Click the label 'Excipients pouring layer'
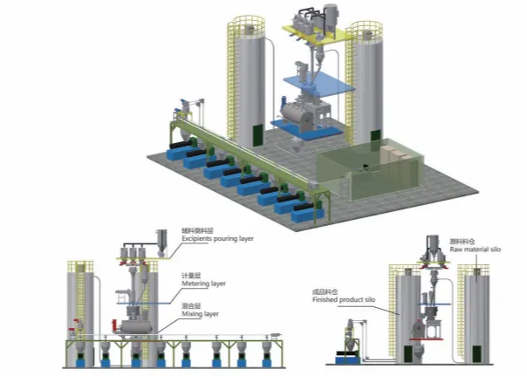click(x=217, y=237)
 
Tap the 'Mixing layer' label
click(x=199, y=313)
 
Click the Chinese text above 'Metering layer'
click(x=193, y=273)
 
